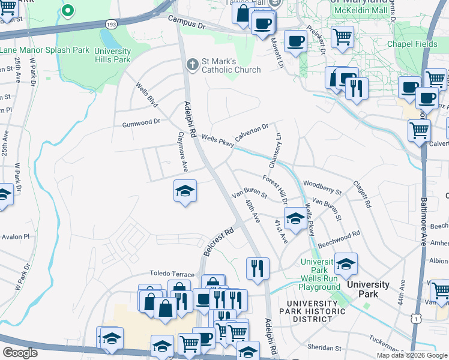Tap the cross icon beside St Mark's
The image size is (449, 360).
(192, 64)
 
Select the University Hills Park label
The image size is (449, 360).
(112, 55)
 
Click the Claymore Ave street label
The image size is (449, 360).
(181, 151)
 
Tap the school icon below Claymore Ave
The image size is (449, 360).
(185, 191)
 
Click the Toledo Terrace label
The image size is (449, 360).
(172, 272)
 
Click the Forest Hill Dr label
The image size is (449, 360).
(276, 189)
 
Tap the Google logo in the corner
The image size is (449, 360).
(20, 353)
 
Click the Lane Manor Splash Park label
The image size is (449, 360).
(44, 50)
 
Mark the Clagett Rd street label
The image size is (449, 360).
(363, 194)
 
